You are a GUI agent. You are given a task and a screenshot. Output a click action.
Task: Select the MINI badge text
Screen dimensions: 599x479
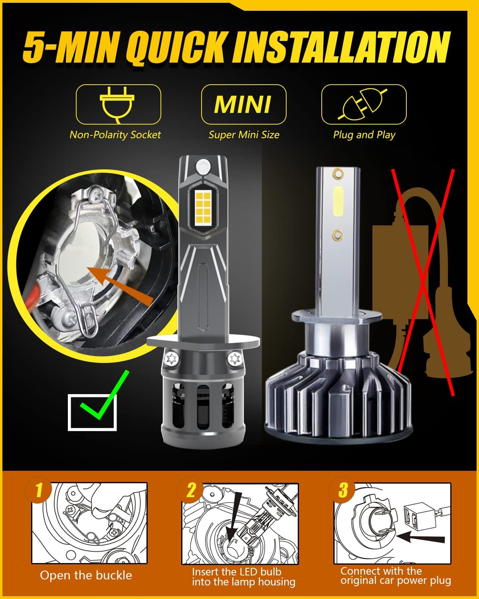point(243,104)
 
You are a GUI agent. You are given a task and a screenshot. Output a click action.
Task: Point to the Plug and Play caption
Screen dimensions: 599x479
point(364,135)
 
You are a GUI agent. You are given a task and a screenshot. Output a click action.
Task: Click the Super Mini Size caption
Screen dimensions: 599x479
point(243,135)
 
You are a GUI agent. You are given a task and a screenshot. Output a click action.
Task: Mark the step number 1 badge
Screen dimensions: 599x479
point(39,490)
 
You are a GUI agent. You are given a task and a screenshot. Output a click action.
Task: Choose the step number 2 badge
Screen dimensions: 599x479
point(191,490)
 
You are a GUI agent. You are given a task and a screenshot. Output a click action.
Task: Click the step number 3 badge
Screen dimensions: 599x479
point(342,490)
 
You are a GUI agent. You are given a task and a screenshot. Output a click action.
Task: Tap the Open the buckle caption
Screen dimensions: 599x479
point(86,575)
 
